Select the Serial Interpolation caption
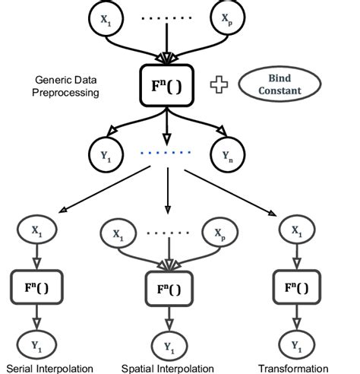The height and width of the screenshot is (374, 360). coord(47,367)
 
